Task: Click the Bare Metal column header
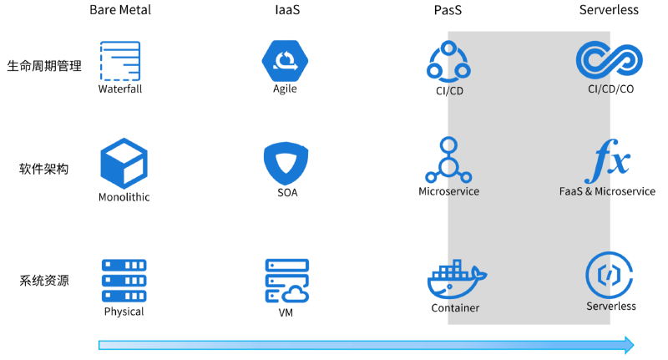(x=120, y=10)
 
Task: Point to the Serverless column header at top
(x=609, y=10)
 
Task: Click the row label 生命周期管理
(x=44, y=65)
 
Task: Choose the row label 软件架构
(x=44, y=169)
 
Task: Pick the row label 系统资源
(x=44, y=280)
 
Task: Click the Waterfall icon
(x=120, y=61)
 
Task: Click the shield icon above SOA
(x=286, y=164)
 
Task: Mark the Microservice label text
(x=449, y=191)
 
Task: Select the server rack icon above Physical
(x=124, y=280)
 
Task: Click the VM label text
(x=286, y=314)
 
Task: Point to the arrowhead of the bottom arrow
(x=628, y=345)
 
